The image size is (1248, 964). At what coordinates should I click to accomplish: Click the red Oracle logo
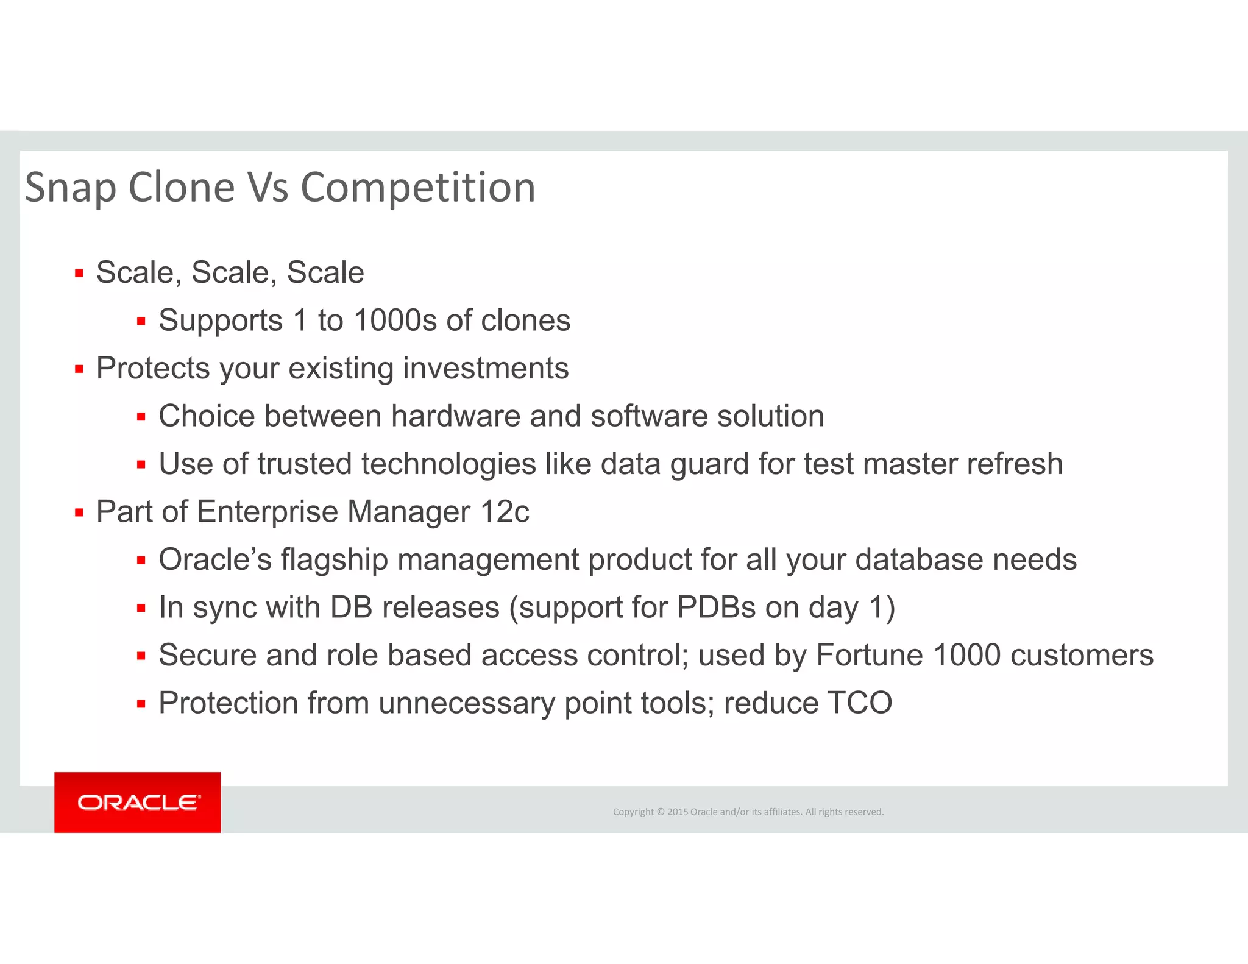[138, 802]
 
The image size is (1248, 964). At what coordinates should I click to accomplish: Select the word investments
[486, 368]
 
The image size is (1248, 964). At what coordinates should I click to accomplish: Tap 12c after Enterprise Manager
[505, 512]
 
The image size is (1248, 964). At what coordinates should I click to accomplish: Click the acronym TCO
[860, 703]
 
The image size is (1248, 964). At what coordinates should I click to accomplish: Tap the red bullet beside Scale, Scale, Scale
[79, 274]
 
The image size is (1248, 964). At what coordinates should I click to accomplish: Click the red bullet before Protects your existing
[79, 369]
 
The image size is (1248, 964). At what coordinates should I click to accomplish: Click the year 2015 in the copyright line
[677, 812]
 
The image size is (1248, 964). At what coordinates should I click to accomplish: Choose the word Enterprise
[268, 512]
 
